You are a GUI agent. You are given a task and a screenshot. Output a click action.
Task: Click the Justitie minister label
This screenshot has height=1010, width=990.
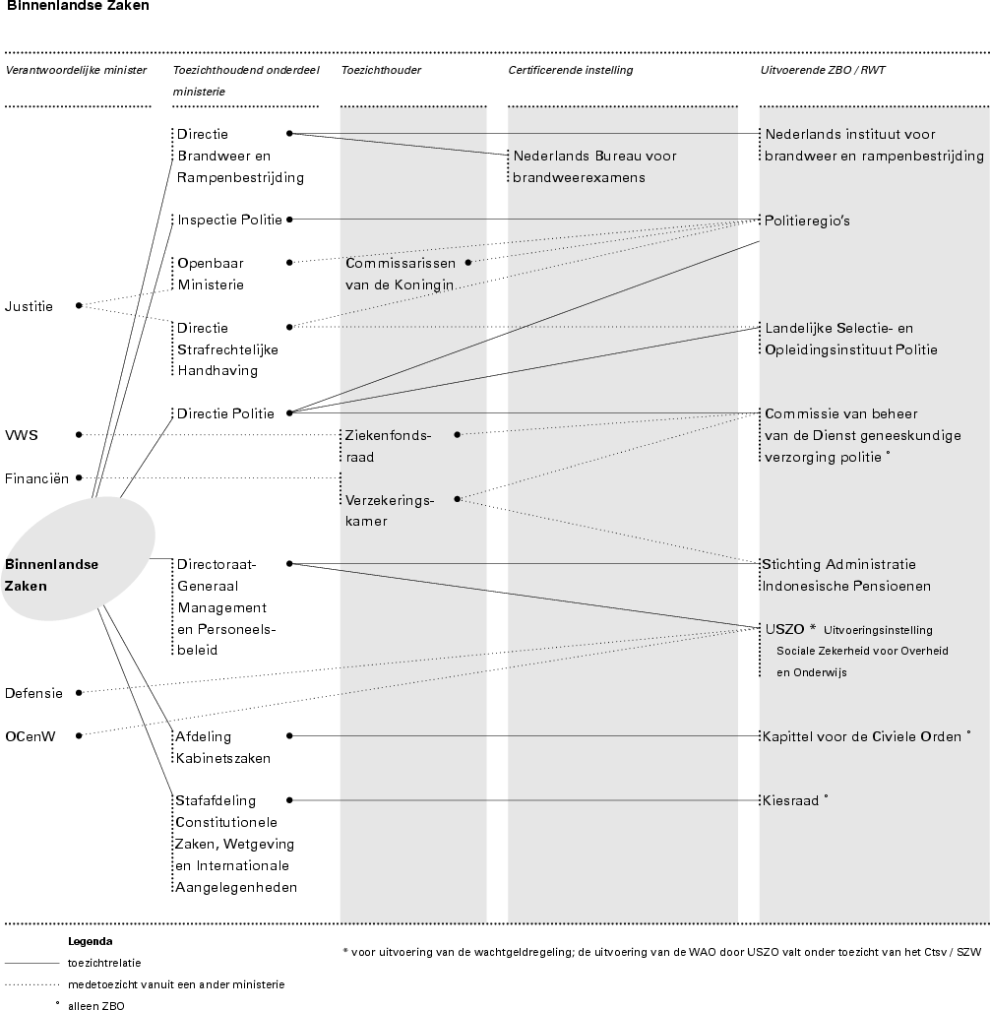click(x=29, y=306)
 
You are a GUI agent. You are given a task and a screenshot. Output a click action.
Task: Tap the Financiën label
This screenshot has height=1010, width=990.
click(x=36, y=478)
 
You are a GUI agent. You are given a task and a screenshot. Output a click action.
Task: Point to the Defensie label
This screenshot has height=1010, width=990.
click(x=33, y=693)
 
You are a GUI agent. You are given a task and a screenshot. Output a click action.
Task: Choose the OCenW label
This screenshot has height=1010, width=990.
click(x=29, y=735)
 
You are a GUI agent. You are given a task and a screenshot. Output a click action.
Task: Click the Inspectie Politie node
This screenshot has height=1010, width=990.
click(x=229, y=220)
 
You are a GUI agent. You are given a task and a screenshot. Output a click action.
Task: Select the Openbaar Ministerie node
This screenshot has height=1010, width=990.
click(x=211, y=274)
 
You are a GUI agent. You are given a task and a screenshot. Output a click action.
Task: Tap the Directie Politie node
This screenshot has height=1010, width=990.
click(x=225, y=413)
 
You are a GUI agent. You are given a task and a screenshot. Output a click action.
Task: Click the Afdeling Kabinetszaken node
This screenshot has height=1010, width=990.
click(x=223, y=747)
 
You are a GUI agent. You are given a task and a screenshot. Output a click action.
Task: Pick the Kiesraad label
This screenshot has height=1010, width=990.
click(x=791, y=801)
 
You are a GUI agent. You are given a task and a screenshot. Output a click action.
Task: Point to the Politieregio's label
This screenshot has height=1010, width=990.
click(x=807, y=221)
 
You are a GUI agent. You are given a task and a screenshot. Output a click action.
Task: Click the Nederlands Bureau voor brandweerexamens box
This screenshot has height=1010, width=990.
click(x=594, y=166)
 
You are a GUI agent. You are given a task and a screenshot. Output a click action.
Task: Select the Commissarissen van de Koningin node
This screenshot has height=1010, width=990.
click(x=400, y=274)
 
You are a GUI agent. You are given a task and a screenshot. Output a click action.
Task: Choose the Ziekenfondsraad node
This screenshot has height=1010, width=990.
click(x=388, y=445)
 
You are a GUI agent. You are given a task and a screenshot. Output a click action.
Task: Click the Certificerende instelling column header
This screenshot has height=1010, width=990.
click(x=570, y=70)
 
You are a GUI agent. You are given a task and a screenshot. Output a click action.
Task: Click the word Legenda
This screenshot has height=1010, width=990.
click(x=90, y=941)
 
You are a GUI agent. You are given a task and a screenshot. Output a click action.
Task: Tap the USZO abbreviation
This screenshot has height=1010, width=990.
click(x=784, y=629)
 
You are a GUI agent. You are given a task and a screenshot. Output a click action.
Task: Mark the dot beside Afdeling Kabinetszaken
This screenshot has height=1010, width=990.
click(x=289, y=735)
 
